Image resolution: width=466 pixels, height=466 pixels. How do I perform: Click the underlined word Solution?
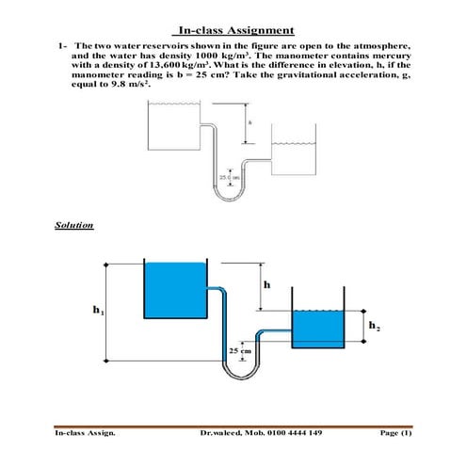pos(74,225)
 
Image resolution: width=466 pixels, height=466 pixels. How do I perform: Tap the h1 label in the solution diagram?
pos(99,310)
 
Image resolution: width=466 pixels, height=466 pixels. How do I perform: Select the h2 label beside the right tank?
pos(374,326)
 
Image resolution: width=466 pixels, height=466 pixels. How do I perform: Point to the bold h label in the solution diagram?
pos(266,284)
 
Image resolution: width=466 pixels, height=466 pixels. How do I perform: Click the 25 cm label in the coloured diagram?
pos(240,351)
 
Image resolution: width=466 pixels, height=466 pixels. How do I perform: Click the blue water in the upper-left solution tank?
pos(175,290)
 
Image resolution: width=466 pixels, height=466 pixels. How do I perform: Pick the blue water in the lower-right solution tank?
pos(318,329)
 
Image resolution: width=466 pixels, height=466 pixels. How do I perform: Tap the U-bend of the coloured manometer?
pos(241,376)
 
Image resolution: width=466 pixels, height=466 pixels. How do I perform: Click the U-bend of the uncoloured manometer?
pos(229,199)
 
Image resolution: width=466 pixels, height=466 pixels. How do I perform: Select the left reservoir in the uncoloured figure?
pos(174,125)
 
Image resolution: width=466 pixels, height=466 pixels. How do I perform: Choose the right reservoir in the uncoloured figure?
pos(294,149)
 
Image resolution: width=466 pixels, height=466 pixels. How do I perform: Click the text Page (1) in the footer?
pos(395,433)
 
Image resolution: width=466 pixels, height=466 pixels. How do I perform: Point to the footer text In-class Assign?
pos(85,433)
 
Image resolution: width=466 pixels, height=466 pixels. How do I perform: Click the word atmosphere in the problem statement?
pos(381,46)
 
